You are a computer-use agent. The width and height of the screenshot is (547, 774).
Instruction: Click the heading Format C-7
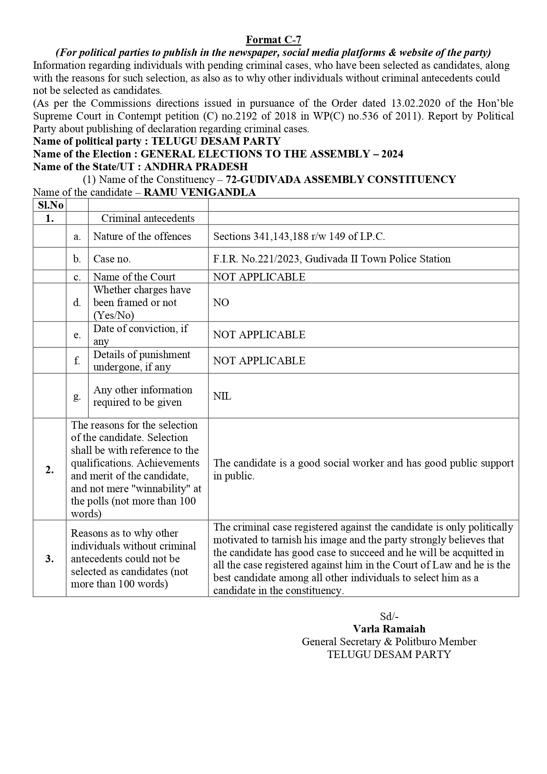pyautogui.click(x=273, y=40)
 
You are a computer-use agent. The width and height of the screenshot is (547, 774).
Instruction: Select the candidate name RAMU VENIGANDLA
pyautogui.click(x=200, y=192)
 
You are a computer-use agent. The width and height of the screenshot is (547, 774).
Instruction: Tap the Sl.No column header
pyautogui.click(x=50, y=205)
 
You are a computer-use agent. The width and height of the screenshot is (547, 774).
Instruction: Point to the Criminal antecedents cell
pyautogui.click(x=148, y=218)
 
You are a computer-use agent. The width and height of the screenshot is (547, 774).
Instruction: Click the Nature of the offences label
pyautogui.click(x=142, y=236)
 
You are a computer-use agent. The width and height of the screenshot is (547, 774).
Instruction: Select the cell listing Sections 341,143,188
pyautogui.click(x=299, y=236)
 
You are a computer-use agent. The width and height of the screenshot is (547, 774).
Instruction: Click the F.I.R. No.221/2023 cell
pyautogui.click(x=331, y=259)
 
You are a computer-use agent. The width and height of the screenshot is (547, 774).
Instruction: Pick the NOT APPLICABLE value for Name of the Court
pyautogui.click(x=259, y=277)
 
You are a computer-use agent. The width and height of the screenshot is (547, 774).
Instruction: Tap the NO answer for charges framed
pyautogui.click(x=221, y=303)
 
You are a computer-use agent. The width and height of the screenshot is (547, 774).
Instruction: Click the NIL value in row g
pyautogui.click(x=222, y=396)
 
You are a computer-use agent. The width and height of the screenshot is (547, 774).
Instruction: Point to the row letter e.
pyautogui.click(x=77, y=335)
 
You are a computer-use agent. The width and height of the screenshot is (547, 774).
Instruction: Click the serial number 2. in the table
pyautogui.click(x=50, y=470)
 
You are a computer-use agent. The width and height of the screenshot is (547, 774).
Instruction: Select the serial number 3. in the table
pyautogui.click(x=50, y=559)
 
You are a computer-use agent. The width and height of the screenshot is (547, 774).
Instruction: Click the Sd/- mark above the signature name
pyautogui.click(x=389, y=617)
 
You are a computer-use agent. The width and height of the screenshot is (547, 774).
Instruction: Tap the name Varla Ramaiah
pyautogui.click(x=389, y=629)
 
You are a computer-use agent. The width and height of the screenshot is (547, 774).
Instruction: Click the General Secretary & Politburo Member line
pyautogui.click(x=389, y=642)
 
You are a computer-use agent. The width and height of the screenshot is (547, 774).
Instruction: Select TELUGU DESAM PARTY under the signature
pyautogui.click(x=389, y=654)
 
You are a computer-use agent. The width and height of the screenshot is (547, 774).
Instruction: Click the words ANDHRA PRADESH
pyautogui.click(x=196, y=167)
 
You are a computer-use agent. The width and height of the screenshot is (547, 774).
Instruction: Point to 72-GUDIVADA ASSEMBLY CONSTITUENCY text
pyautogui.click(x=341, y=179)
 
